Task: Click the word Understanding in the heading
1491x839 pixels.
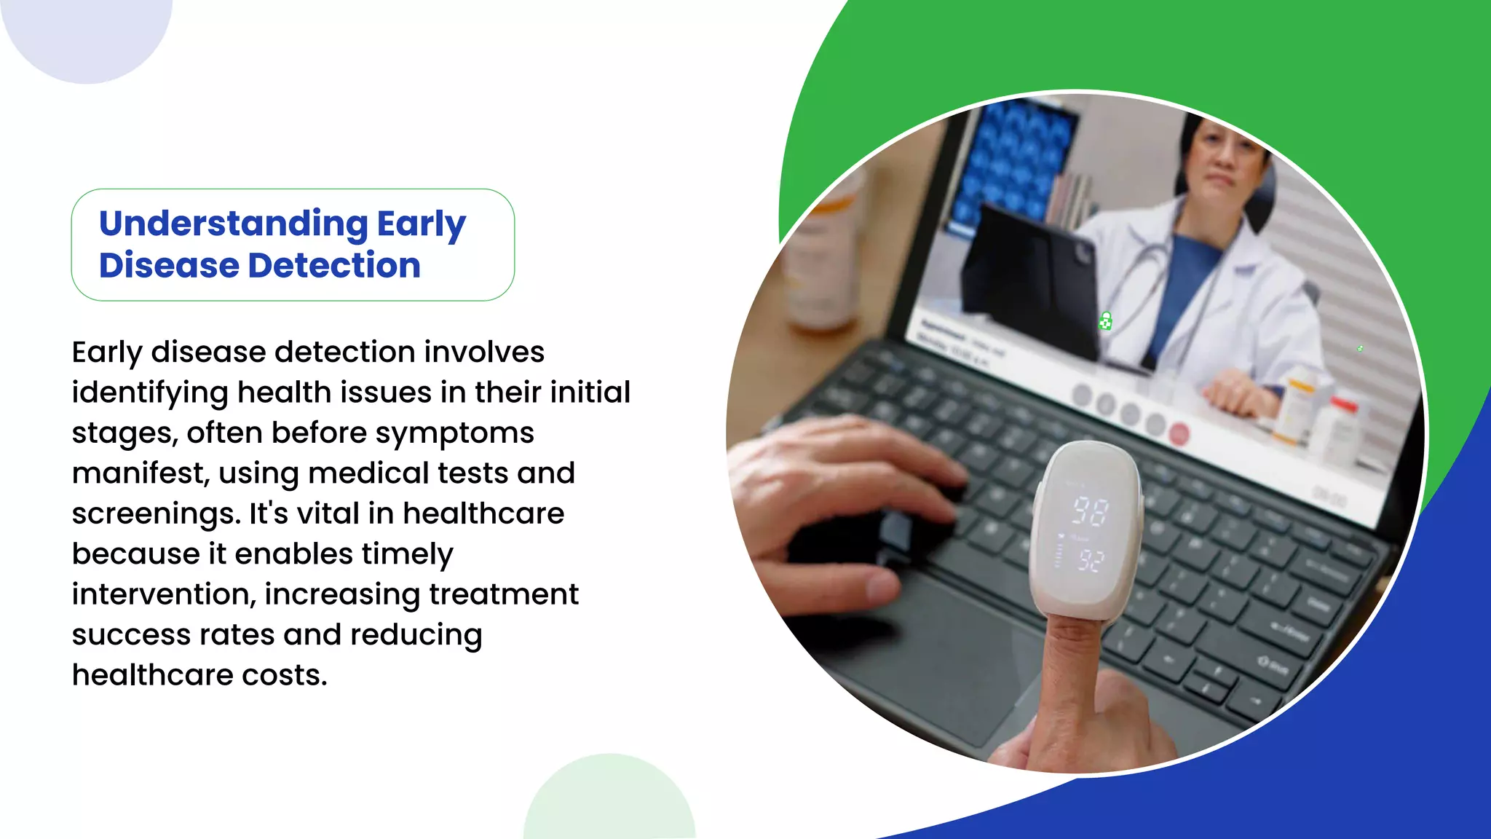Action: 233,224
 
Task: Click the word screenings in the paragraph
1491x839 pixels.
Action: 155,514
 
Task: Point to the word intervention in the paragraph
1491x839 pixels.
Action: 163,594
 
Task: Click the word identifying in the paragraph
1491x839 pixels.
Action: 150,393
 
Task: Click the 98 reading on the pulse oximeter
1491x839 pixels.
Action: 1090,511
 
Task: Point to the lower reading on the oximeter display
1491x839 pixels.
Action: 1091,560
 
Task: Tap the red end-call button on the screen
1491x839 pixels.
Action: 1179,435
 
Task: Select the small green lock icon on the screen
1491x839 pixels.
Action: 1105,321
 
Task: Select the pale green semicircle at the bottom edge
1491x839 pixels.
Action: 610,801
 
